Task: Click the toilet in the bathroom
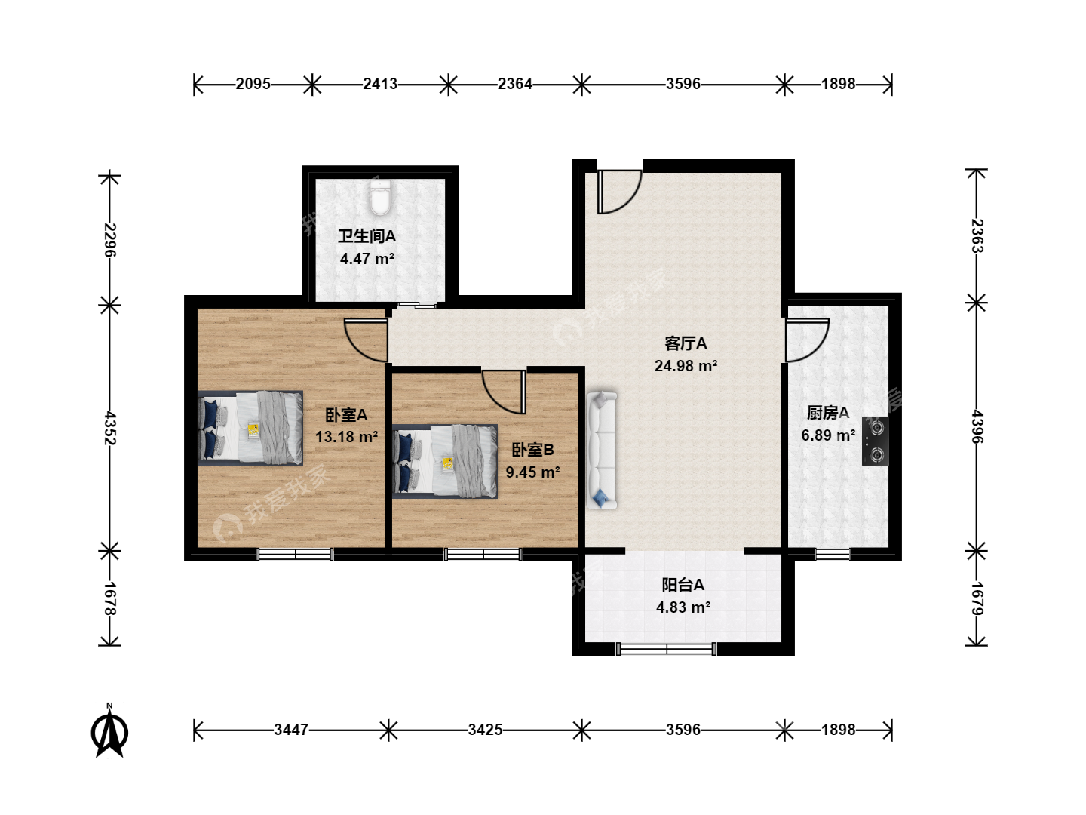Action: click(x=380, y=198)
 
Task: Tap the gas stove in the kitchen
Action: click(x=875, y=441)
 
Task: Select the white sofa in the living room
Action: click(x=602, y=451)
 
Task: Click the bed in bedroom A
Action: click(x=250, y=428)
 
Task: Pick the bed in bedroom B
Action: click(x=445, y=461)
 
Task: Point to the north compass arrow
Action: click(x=109, y=731)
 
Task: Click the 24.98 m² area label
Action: click(x=686, y=366)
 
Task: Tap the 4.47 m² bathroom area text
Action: click(x=367, y=258)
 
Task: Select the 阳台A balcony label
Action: click(x=683, y=585)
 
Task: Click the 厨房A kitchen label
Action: click(x=828, y=412)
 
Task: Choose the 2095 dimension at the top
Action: click(x=253, y=84)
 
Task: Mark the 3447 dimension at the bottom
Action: click(x=291, y=730)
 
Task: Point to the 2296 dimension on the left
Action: click(x=110, y=240)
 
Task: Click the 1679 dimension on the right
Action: click(x=977, y=598)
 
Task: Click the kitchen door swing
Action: click(x=807, y=340)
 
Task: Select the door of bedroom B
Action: click(x=504, y=392)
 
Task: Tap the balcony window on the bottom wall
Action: click(x=666, y=649)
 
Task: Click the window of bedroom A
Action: click(x=295, y=554)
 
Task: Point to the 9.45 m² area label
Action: click(x=532, y=472)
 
